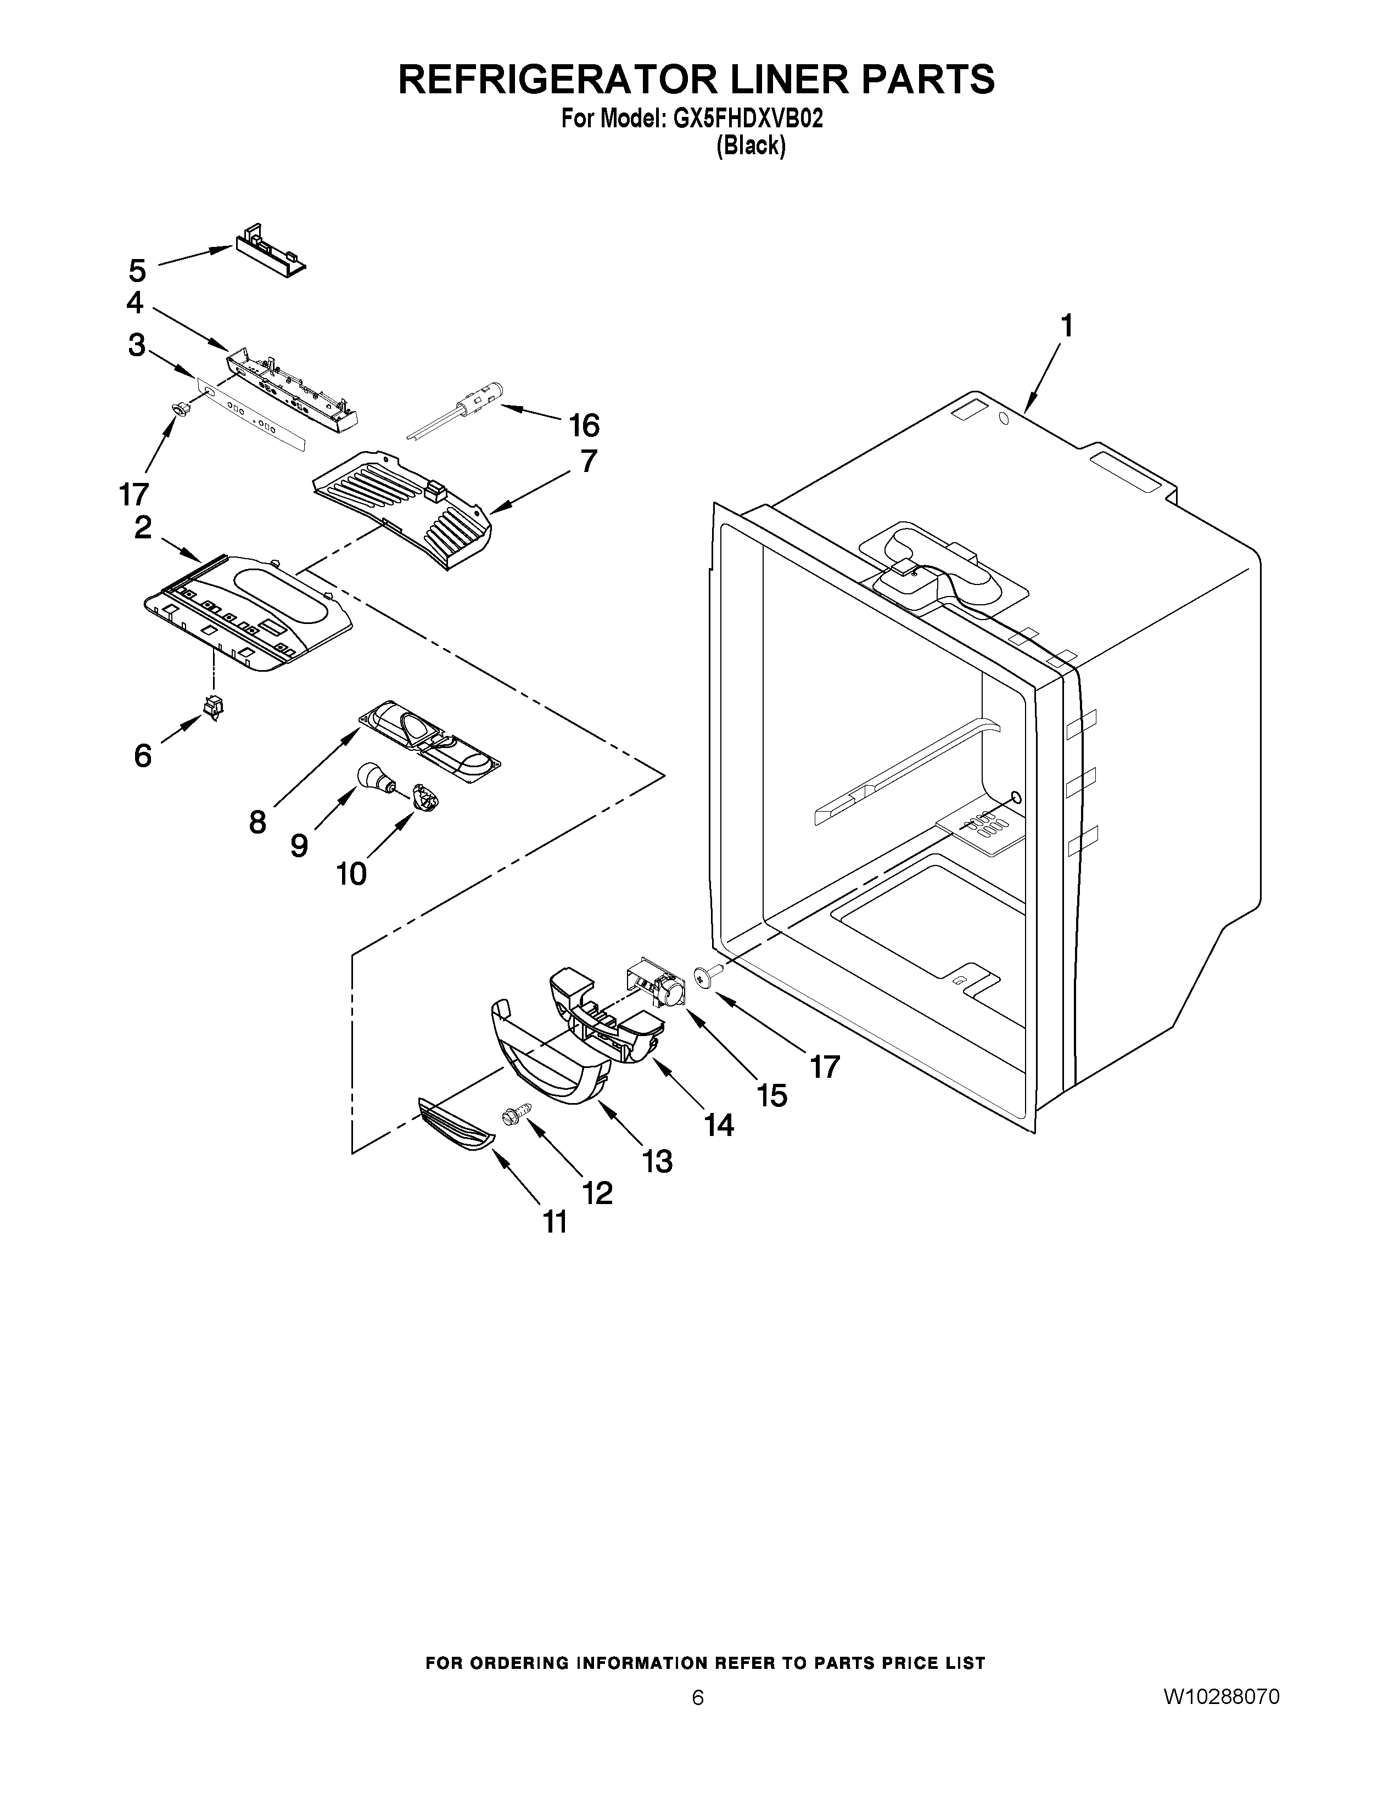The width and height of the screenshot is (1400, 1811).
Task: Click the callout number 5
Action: click(x=138, y=271)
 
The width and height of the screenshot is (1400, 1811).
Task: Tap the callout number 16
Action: click(x=584, y=425)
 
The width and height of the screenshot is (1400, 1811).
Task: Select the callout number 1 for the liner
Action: click(x=1067, y=326)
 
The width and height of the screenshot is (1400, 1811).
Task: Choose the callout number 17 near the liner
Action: click(x=825, y=1066)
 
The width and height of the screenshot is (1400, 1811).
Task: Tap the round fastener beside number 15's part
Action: click(x=707, y=978)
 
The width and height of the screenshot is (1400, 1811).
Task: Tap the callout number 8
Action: click(x=258, y=822)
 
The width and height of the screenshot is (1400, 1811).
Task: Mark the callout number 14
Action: click(x=719, y=1124)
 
